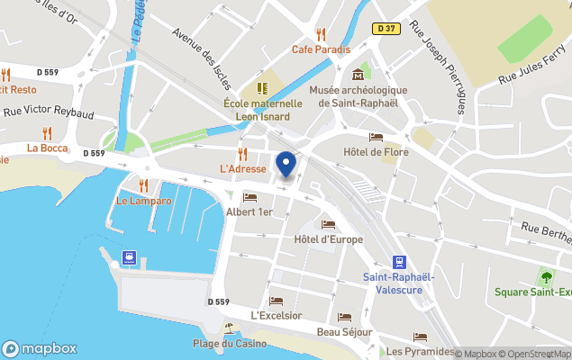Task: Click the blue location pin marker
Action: click(286, 165)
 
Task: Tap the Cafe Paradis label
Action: click(320, 49)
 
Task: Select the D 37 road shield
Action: click(385, 30)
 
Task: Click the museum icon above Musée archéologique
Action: click(359, 74)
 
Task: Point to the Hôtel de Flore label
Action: click(376, 152)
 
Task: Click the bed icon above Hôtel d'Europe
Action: click(328, 224)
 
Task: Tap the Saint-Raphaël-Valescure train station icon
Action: click(399, 256)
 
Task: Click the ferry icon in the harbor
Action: click(130, 258)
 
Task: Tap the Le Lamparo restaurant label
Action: click(143, 201)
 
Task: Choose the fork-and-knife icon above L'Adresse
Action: click(242, 153)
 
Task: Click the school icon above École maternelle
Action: click(262, 88)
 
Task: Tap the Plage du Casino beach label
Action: click(230, 343)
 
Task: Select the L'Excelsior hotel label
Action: click(277, 315)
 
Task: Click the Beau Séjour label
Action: click(344, 332)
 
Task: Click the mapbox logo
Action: click(40, 348)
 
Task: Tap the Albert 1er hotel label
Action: click(249, 211)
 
